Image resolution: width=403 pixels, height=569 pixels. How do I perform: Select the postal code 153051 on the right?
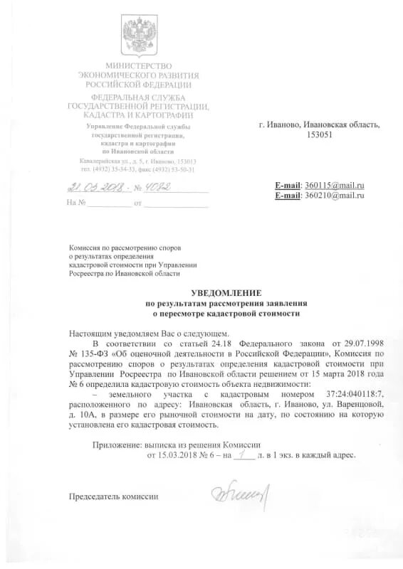tap(318, 135)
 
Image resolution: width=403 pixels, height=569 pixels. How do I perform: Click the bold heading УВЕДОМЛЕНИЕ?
tap(226, 293)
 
